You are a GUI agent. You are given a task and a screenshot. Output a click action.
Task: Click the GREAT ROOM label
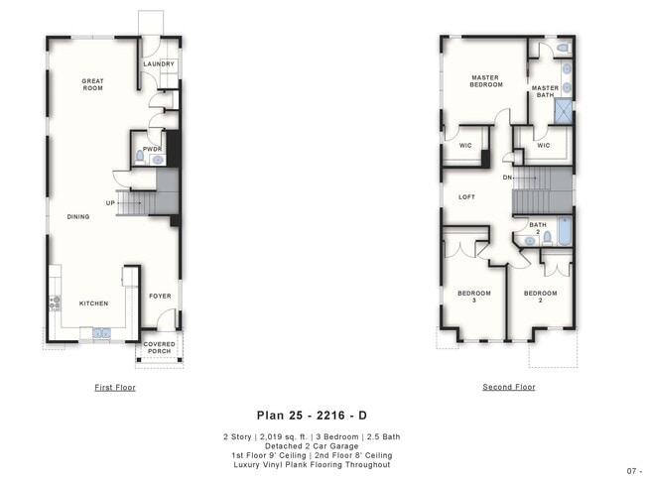point(93,85)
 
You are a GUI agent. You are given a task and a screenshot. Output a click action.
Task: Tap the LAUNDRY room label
point(159,64)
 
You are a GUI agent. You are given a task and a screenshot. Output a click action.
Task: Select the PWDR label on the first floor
point(152,149)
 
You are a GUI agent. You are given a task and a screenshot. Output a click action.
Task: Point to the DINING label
point(78,216)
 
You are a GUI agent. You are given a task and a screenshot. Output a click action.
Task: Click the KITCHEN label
point(94,303)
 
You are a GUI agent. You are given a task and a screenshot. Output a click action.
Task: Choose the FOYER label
point(160,296)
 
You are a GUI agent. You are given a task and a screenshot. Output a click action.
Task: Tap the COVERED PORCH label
point(160,348)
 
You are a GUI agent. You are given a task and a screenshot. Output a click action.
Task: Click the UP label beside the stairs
point(112,202)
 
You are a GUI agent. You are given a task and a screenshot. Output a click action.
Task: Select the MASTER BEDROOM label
point(485,80)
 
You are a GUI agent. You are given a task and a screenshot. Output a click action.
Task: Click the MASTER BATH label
point(545,91)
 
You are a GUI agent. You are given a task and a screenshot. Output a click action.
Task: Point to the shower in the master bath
point(564,110)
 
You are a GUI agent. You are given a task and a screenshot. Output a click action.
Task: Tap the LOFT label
point(466,196)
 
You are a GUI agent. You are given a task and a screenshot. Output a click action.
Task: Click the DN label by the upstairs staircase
point(509,179)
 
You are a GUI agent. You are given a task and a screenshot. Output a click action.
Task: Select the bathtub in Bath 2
point(564,232)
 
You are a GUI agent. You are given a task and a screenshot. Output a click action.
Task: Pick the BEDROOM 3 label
point(473,297)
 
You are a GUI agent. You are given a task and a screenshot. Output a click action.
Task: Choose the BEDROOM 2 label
point(540,297)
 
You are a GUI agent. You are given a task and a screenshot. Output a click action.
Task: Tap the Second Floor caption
point(508,387)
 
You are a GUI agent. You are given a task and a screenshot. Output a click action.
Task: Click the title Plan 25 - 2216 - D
point(312,416)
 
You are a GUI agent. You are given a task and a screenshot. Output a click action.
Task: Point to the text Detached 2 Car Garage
point(312,446)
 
